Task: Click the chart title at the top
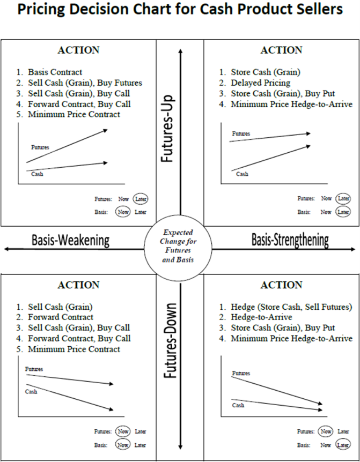[180, 9]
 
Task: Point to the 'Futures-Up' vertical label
[167, 129]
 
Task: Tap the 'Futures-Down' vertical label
[170, 341]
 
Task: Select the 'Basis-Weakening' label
[70, 241]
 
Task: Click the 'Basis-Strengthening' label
[290, 240]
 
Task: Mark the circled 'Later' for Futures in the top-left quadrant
[141, 199]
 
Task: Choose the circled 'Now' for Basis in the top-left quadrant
[123, 212]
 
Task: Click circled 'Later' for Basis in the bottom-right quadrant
[343, 445]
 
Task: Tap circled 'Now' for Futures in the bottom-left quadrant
[123, 431]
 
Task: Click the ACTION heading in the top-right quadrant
[281, 50]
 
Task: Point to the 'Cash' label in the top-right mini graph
[242, 174]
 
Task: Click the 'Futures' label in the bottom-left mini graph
[34, 369]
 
